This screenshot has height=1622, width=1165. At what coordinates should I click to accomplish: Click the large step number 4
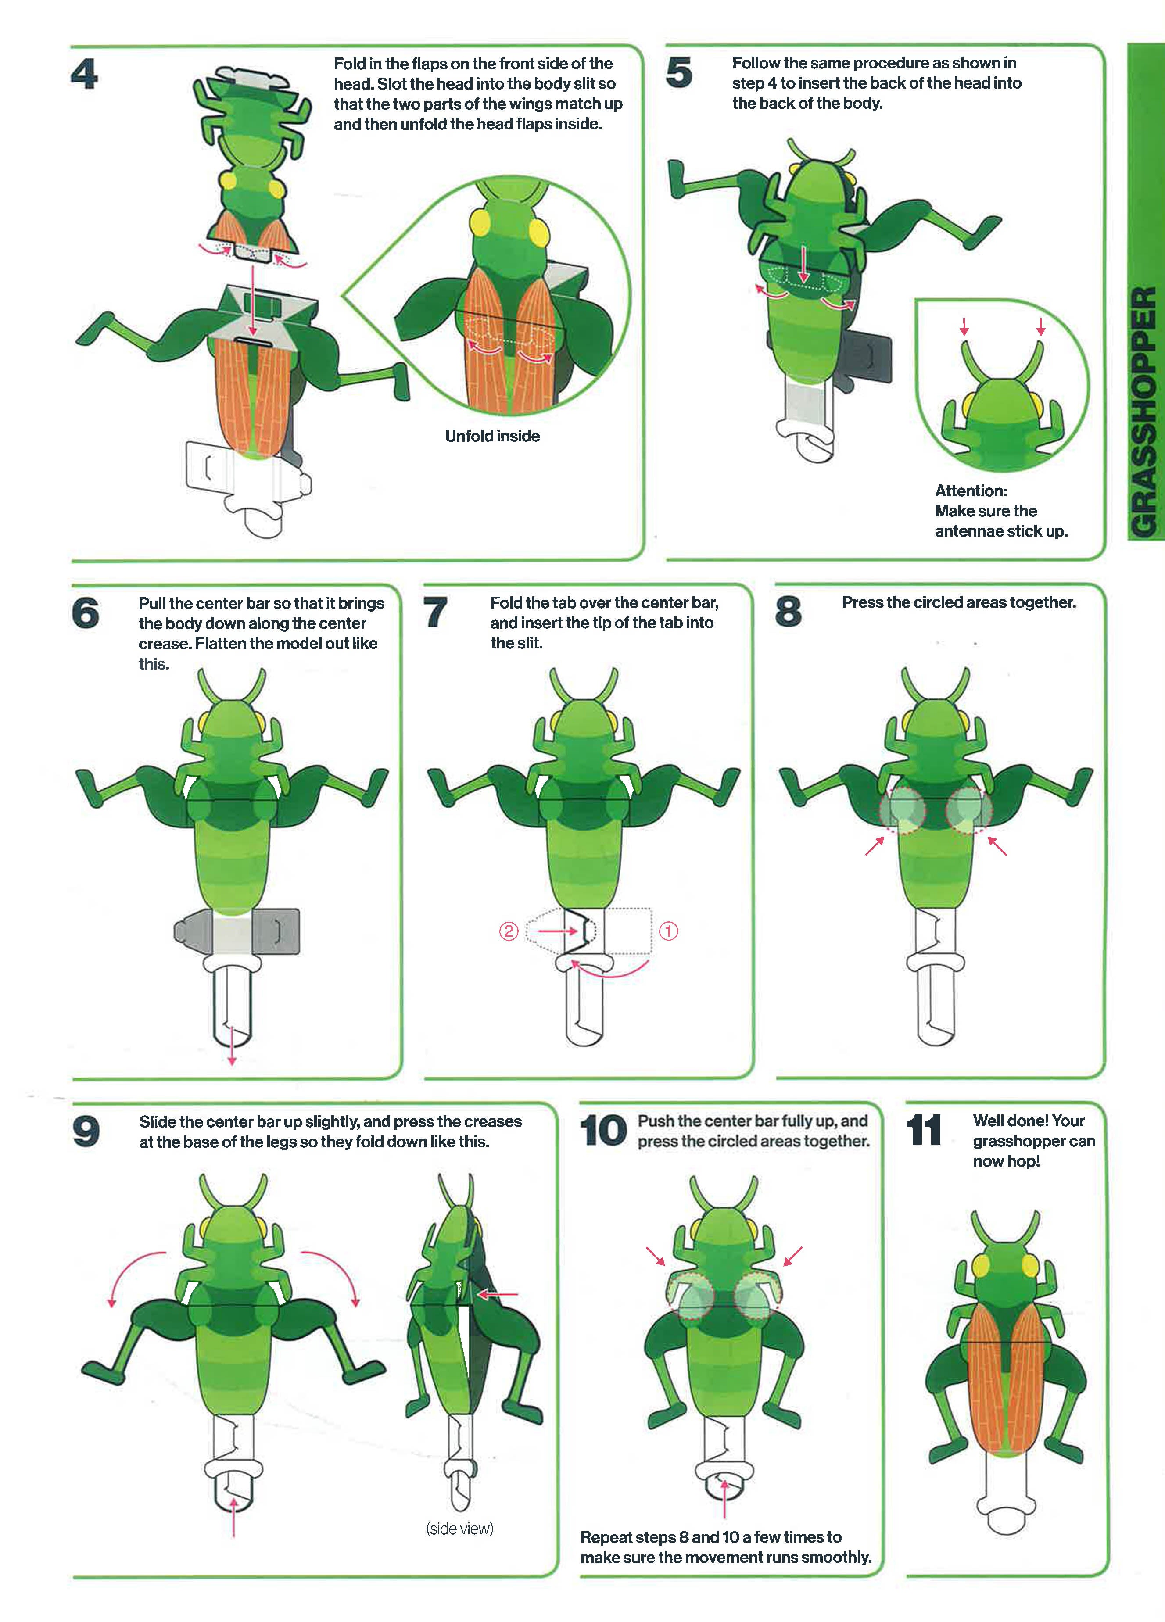click(x=84, y=74)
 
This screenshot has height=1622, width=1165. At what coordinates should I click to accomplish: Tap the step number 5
click(x=679, y=72)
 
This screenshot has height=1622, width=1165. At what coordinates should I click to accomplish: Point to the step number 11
click(x=923, y=1131)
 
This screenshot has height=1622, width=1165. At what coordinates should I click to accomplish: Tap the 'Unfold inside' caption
click(x=492, y=436)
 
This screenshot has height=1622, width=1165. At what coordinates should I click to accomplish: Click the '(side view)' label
click(x=460, y=1528)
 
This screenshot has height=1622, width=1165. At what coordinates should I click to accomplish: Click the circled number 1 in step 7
click(x=668, y=931)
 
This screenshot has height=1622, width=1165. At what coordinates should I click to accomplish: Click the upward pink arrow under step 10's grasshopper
click(x=724, y=1498)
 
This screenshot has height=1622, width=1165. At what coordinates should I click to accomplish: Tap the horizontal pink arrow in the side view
click(x=497, y=1294)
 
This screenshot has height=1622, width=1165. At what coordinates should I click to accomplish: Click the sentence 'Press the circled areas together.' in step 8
click(x=958, y=602)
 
